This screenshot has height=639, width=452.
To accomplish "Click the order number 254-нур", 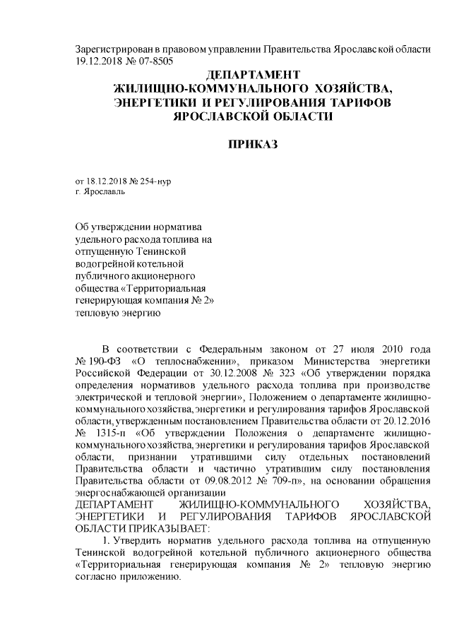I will coord(156,181).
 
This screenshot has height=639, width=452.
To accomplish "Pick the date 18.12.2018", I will coord(107,181).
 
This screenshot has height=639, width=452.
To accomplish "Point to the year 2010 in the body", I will coord(379,349).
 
